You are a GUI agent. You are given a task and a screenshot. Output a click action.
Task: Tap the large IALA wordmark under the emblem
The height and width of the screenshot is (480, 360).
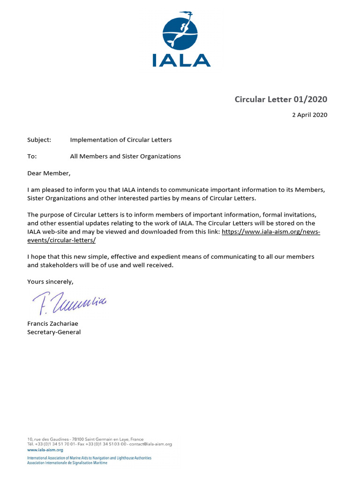pos(181,60)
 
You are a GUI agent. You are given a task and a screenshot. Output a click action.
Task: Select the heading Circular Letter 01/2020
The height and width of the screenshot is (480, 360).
pos(281,99)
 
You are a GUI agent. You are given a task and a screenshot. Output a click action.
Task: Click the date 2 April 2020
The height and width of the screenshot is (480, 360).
pos(309,115)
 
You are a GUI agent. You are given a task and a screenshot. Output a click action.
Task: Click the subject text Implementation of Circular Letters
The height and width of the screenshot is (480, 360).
pos(121,140)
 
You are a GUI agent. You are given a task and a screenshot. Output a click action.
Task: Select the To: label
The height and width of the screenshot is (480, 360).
pos(32,157)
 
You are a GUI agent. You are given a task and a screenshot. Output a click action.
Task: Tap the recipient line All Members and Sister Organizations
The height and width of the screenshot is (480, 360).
pos(125,157)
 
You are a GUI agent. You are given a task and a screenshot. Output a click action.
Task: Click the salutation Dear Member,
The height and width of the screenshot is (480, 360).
pos(49,173)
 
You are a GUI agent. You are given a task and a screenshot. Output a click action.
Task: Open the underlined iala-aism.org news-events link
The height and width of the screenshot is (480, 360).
pos(270,232)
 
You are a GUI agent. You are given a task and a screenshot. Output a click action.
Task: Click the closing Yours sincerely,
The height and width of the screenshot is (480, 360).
pos(50,282)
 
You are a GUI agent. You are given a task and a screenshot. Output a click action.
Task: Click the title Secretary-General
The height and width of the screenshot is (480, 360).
pos(54,332)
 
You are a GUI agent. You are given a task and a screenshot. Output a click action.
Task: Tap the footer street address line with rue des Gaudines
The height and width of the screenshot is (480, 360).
pos(85,439)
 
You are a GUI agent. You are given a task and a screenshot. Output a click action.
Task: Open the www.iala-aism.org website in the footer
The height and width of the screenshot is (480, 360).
pos(45,450)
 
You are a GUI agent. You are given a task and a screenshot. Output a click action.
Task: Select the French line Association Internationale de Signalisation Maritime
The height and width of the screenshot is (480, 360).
pos(67,463)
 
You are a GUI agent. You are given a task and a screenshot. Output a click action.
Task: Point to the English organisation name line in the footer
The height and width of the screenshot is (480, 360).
pos(89,457)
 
